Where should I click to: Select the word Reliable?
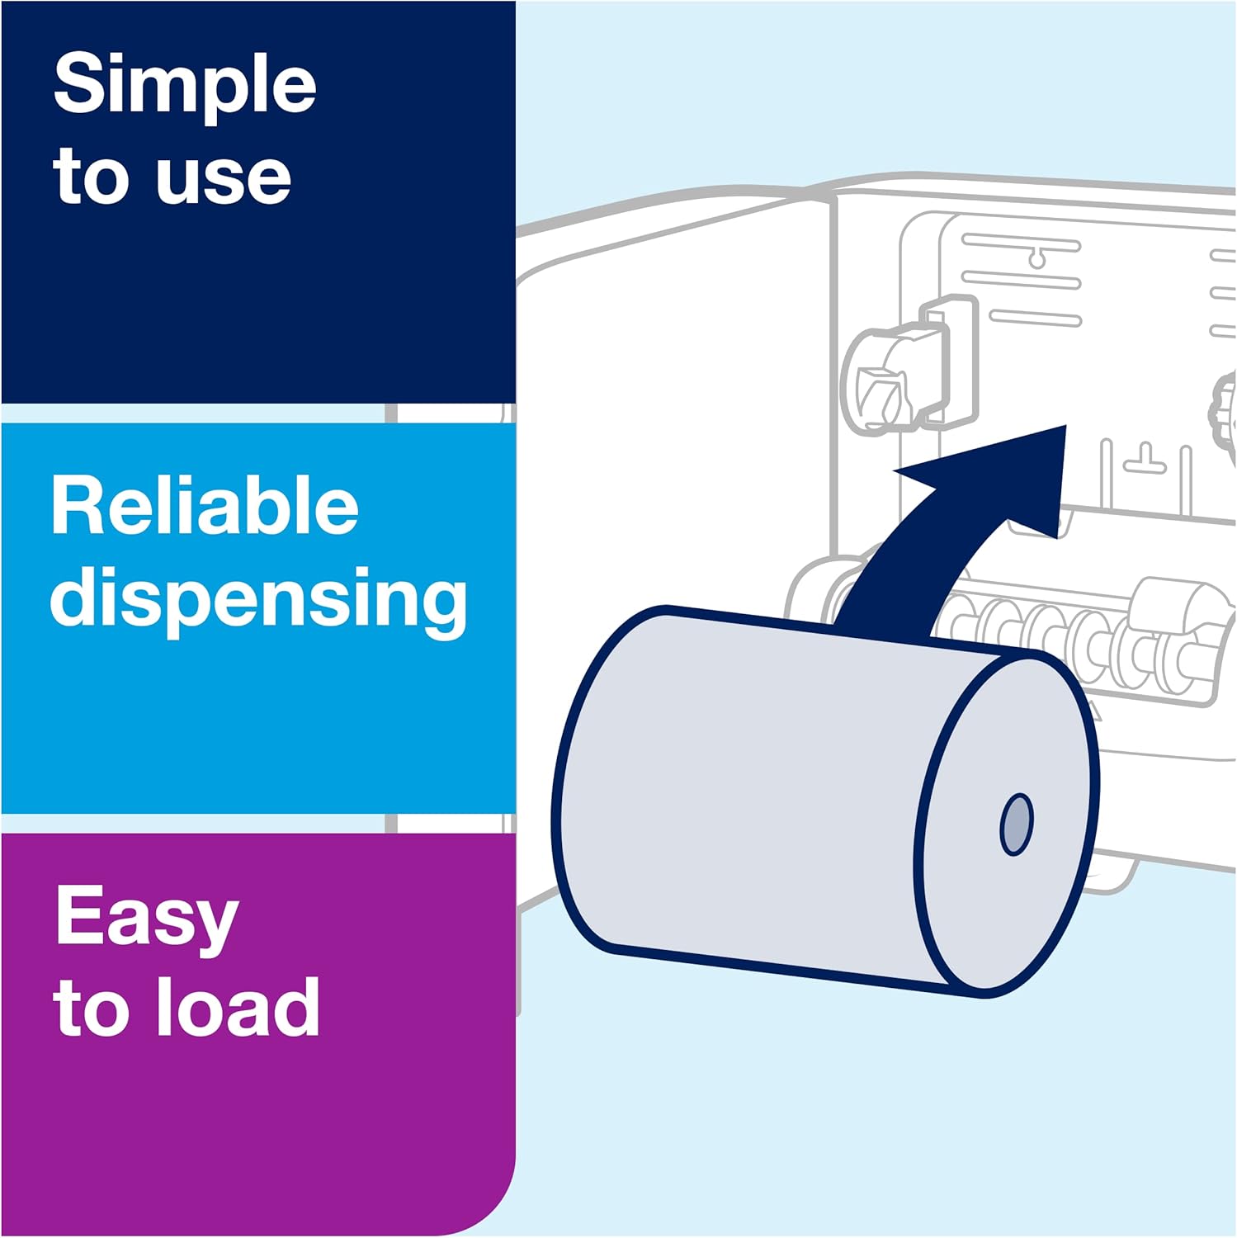205,506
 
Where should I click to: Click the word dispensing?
258,599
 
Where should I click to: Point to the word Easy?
147,919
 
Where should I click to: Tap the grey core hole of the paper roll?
1016,825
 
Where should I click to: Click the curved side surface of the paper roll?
743,784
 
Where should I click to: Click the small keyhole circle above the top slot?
1037,260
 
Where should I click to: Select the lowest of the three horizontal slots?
1035,318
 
